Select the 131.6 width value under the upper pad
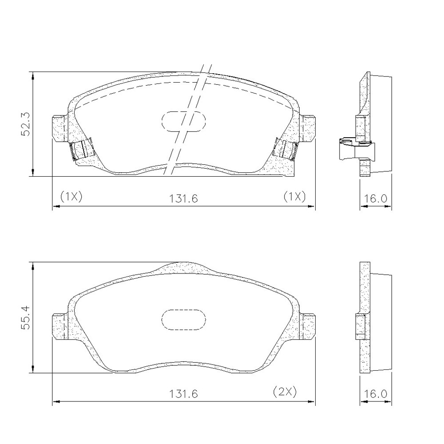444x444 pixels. (x=183, y=198)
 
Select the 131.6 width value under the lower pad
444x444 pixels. (x=183, y=394)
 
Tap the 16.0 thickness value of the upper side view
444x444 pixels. (x=375, y=198)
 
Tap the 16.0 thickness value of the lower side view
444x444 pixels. (x=375, y=394)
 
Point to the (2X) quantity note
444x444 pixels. (x=285, y=392)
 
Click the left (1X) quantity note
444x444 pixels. (x=71, y=196)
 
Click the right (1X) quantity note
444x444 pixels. (x=295, y=196)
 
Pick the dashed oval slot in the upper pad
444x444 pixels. (x=183, y=122)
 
